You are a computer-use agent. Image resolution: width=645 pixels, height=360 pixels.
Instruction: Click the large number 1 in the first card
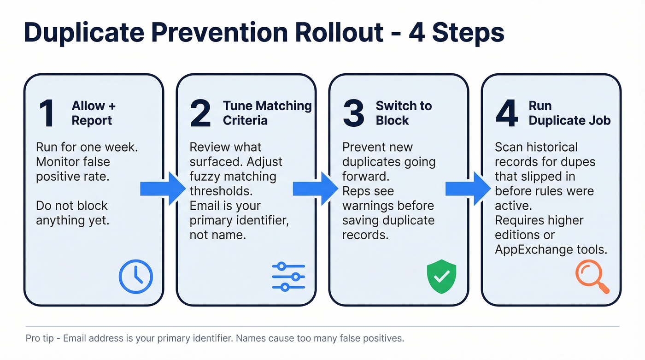click(x=47, y=113)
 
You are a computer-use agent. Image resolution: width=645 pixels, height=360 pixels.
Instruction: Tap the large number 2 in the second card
click(x=200, y=113)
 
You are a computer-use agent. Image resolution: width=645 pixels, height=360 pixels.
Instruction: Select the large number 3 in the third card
click(x=353, y=113)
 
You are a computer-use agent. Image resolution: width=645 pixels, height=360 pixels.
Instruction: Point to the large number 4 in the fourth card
click(x=507, y=113)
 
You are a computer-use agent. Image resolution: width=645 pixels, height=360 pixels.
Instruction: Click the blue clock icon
click(x=135, y=277)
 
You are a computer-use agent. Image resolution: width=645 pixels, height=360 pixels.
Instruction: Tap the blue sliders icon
click(x=288, y=277)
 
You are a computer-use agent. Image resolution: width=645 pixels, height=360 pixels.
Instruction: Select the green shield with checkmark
click(x=441, y=277)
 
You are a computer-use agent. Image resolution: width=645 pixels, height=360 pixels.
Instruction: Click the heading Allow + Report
click(x=94, y=113)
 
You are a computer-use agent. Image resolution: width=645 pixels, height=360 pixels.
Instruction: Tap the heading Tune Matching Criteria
click(x=267, y=113)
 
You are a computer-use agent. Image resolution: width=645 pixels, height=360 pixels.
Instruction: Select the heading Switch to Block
click(x=404, y=113)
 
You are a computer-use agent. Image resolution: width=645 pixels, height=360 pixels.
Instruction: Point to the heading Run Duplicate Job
click(x=569, y=113)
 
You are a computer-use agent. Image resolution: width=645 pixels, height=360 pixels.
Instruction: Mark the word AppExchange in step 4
click(x=533, y=249)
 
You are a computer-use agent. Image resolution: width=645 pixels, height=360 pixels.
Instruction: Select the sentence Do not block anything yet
click(x=72, y=213)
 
